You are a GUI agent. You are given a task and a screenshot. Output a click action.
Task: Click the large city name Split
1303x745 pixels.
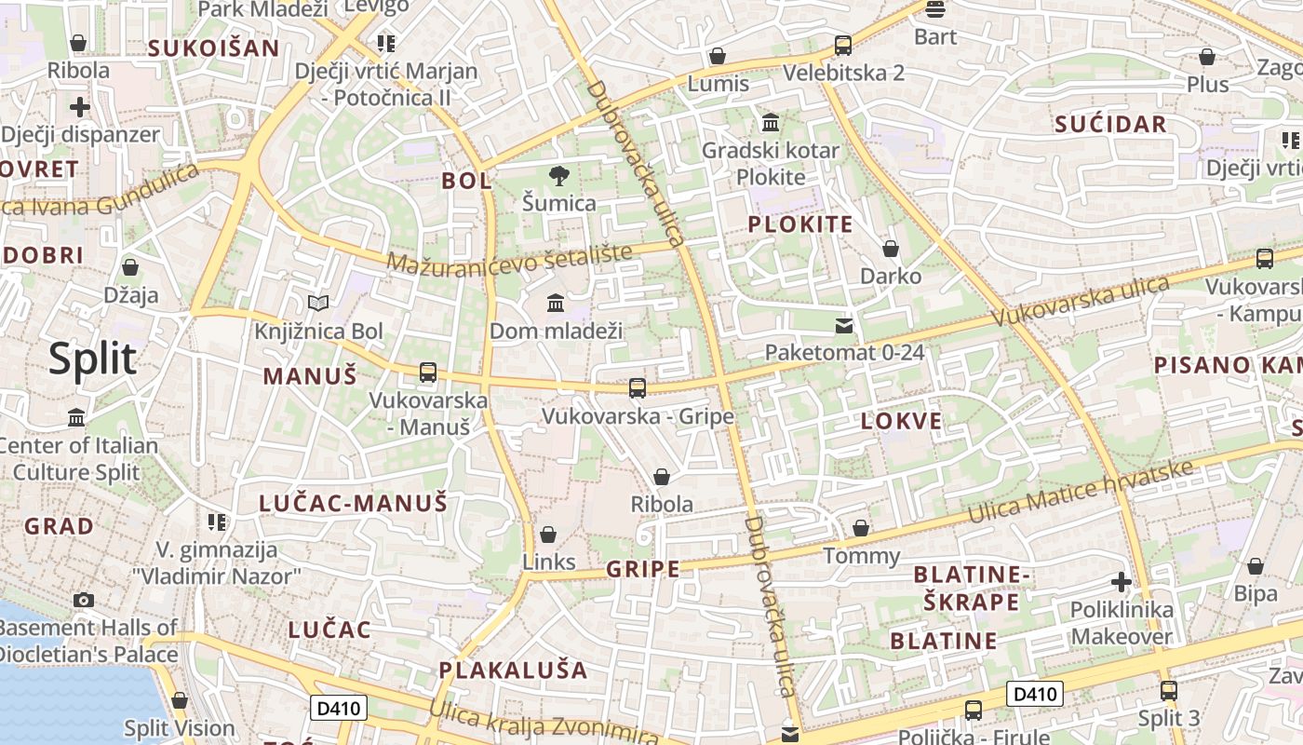click(92, 359)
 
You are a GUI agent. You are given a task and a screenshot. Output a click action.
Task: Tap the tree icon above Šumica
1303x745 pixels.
click(558, 175)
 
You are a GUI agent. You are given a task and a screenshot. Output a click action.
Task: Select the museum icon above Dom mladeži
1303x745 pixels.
click(556, 303)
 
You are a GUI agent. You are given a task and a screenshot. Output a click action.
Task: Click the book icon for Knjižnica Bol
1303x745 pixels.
click(318, 303)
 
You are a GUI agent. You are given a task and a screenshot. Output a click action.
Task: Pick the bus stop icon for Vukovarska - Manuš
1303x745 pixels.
click(428, 372)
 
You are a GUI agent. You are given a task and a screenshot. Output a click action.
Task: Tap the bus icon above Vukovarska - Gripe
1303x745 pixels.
click(638, 387)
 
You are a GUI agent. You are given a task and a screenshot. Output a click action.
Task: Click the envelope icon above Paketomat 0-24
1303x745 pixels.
click(844, 325)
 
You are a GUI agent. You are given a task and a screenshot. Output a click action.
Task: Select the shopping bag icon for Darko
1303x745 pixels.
click(891, 249)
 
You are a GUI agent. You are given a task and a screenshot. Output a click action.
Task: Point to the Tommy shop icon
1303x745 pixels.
click(861, 528)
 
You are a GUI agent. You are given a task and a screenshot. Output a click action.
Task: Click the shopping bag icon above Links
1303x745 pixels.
click(548, 535)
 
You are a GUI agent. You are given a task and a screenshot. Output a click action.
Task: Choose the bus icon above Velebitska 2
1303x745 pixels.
click(843, 45)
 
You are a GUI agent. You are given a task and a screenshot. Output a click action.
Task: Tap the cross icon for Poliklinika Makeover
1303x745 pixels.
click(1122, 583)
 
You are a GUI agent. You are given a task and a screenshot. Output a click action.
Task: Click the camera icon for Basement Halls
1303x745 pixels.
click(84, 600)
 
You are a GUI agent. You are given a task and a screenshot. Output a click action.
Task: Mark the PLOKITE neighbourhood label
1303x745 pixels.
click(800, 224)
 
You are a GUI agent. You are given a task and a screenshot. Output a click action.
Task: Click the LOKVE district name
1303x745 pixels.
click(901, 421)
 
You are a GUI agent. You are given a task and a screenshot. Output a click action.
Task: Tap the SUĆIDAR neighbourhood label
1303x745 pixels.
click(1110, 125)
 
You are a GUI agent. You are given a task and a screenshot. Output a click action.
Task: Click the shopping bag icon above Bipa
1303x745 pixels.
click(1256, 566)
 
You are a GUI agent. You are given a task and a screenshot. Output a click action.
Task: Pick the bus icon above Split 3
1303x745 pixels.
click(1169, 691)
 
